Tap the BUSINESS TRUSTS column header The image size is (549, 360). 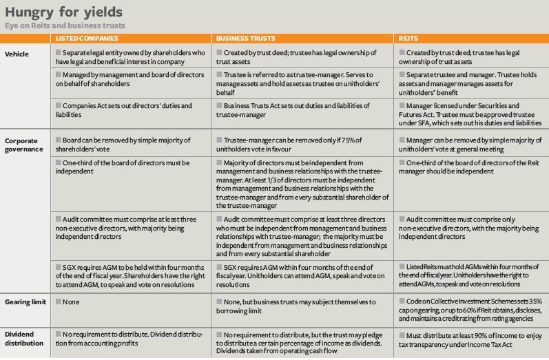click(243, 39)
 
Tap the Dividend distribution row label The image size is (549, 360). click(26, 337)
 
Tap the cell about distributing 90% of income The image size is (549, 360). click(468, 337)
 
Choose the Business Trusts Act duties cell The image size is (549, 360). click(297, 111)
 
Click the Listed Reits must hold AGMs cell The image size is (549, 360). click(468, 275)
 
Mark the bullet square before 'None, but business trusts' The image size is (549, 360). click(219, 302)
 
